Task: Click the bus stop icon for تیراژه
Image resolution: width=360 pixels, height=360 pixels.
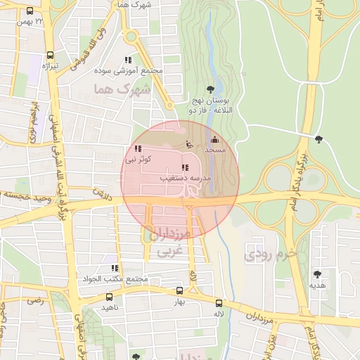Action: [x=49, y=55]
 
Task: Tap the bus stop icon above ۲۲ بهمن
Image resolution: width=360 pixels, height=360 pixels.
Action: [x=30, y=12]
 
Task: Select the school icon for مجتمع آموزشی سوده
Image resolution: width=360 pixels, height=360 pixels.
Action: [x=127, y=60]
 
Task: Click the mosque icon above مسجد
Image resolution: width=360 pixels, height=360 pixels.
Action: [x=214, y=140]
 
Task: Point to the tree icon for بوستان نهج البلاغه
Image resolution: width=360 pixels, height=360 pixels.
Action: [x=210, y=89]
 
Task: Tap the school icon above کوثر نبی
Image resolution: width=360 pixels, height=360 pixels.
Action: [x=138, y=148]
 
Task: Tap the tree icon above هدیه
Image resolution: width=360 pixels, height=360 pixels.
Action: [x=316, y=274]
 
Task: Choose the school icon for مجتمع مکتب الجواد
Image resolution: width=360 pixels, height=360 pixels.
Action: [x=114, y=268]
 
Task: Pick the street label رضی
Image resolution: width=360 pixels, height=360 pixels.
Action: [x=34, y=300]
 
